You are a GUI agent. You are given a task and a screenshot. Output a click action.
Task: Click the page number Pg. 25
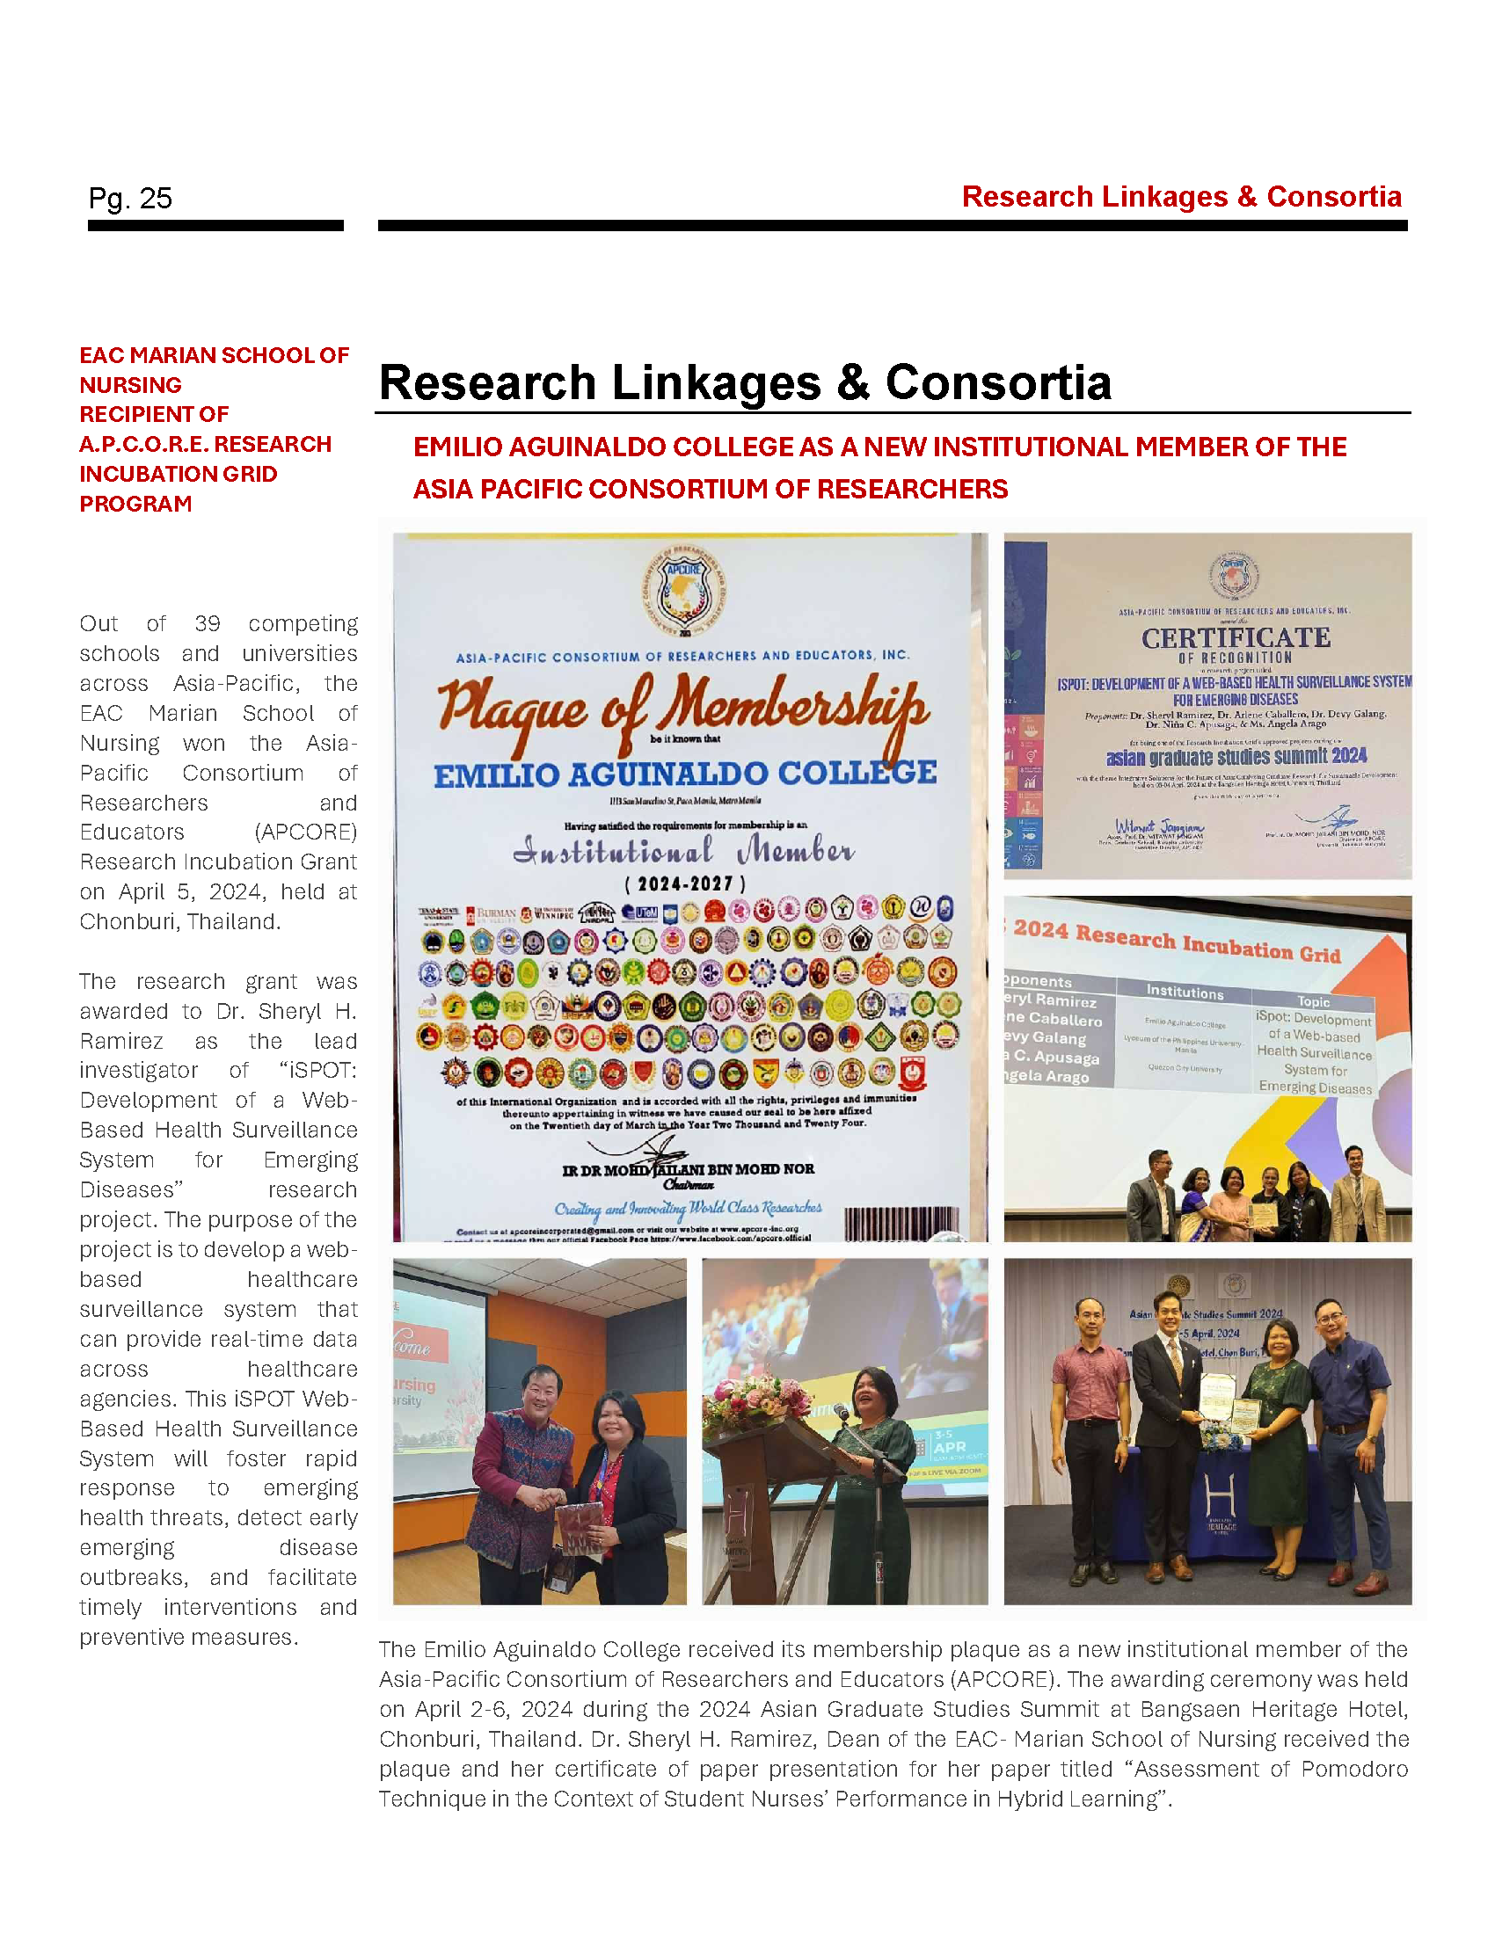[x=130, y=199]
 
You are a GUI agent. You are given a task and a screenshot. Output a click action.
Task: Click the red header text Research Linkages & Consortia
[x=1180, y=197]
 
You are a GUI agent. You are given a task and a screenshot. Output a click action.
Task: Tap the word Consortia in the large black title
[x=998, y=382]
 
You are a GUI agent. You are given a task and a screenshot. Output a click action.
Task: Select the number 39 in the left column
[x=208, y=623]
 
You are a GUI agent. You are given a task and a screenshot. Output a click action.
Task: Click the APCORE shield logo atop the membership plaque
[x=682, y=589]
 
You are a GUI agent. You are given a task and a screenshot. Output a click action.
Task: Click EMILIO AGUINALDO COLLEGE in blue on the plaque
[x=683, y=774]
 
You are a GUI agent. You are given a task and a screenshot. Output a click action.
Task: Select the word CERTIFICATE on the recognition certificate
[x=1235, y=637]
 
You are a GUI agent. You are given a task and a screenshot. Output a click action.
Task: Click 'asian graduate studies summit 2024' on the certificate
[x=1236, y=756]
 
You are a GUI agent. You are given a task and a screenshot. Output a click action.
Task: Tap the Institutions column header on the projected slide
[x=1185, y=992]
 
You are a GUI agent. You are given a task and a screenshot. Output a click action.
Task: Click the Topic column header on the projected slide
[x=1314, y=1001]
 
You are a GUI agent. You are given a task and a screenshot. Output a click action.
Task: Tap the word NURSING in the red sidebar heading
[x=130, y=385]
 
